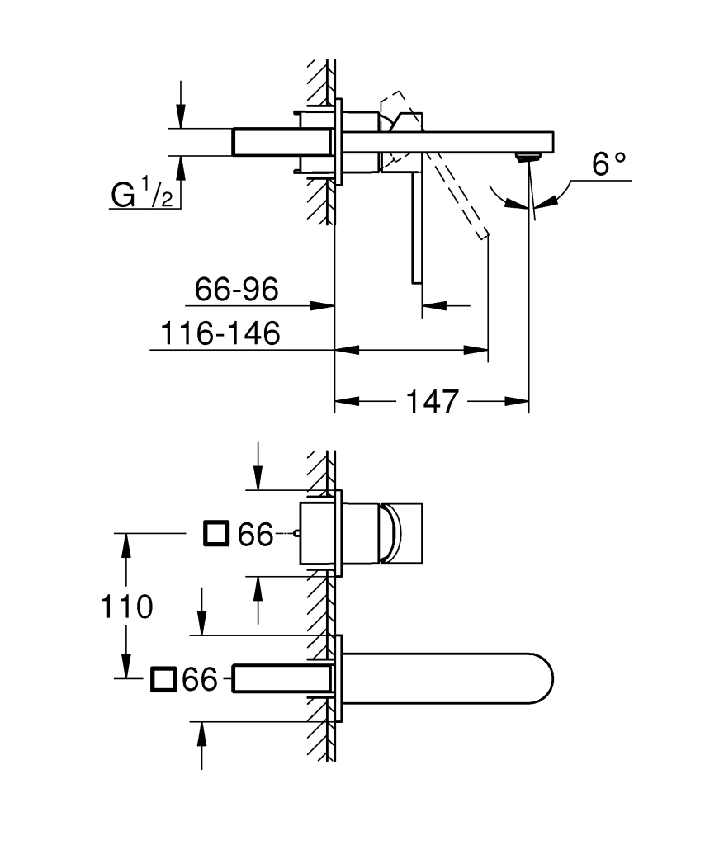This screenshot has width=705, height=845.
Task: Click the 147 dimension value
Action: pyautogui.click(x=431, y=402)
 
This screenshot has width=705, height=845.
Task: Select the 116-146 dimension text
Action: pyautogui.click(x=220, y=333)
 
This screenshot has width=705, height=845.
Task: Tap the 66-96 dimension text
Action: pyautogui.click(x=236, y=289)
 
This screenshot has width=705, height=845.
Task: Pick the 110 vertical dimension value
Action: pyautogui.click(x=126, y=607)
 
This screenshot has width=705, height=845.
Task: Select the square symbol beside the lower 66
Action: pyautogui.click(x=163, y=680)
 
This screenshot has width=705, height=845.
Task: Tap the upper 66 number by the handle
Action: pyautogui.click(x=255, y=535)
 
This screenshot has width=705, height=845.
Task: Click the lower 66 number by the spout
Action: pyautogui.click(x=200, y=681)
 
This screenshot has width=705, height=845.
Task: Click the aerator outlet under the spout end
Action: pyautogui.click(x=523, y=157)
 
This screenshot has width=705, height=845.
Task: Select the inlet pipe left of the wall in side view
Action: pyautogui.click(x=264, y=141)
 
